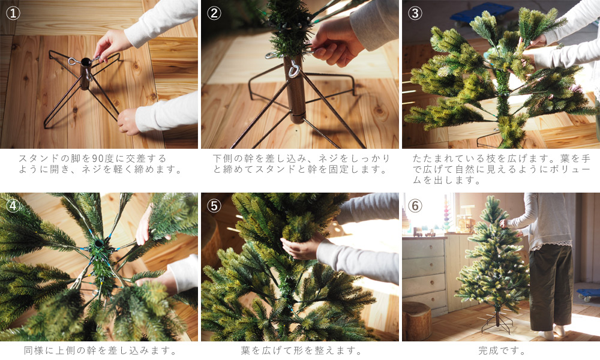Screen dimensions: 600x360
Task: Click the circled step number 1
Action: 13,13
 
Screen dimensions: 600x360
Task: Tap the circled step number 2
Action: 214,13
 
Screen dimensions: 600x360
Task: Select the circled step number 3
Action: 415,13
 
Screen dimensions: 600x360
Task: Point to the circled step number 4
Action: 13,206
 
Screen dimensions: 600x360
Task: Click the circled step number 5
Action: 214,206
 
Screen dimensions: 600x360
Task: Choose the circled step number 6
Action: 415,206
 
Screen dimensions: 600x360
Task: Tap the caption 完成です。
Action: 502,350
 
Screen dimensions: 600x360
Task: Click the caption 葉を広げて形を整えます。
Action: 301,350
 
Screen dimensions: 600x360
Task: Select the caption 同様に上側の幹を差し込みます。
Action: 100,350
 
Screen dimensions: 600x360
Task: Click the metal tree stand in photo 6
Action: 497,322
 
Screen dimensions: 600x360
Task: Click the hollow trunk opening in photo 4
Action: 99,244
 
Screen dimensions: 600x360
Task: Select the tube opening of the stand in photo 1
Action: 86,61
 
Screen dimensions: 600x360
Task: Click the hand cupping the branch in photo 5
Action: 303,247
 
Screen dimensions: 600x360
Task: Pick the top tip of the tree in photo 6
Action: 492,197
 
